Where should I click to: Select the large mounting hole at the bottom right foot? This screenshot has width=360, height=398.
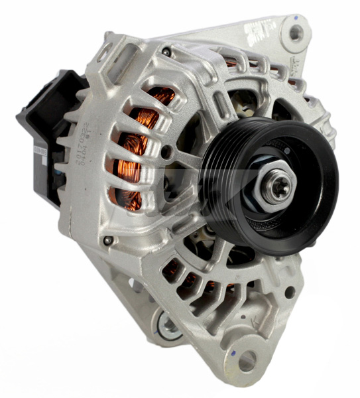click(x=247, y=360)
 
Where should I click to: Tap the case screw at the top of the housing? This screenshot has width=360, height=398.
click(x=166, y=51)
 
